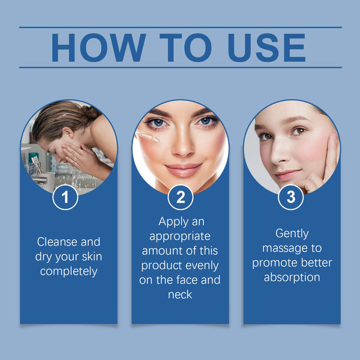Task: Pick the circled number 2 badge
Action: tap(180, 197)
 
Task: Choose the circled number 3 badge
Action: tap(291, 197)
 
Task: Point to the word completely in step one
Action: tap(68, 271)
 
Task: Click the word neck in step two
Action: tap(181, 294)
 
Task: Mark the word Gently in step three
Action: tap(292, 233)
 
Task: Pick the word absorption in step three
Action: tap(292, 277)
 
